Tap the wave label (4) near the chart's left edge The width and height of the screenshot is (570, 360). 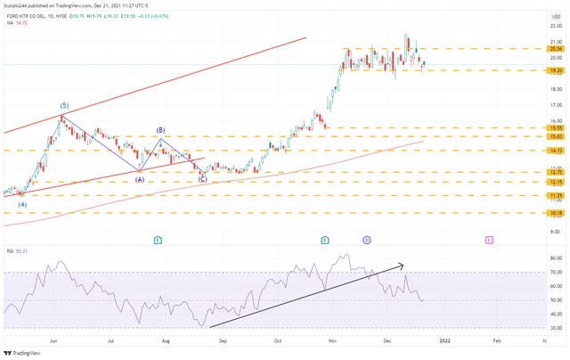click(x=22, y=205)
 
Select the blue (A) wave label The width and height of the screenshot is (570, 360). click(x=140, y=179)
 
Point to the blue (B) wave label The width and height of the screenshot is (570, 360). click(x=161, y=130)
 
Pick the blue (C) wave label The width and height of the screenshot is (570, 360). click(x=202, y=179)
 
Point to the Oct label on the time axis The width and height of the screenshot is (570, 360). click(x=278, y=340)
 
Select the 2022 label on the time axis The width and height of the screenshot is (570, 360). click(x=444, y=340)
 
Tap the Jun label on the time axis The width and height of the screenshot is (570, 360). click(x=54, y=340)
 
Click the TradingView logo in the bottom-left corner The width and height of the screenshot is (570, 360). click(x=25, y=351)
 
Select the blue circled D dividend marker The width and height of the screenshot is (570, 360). click(x=367, y=240)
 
